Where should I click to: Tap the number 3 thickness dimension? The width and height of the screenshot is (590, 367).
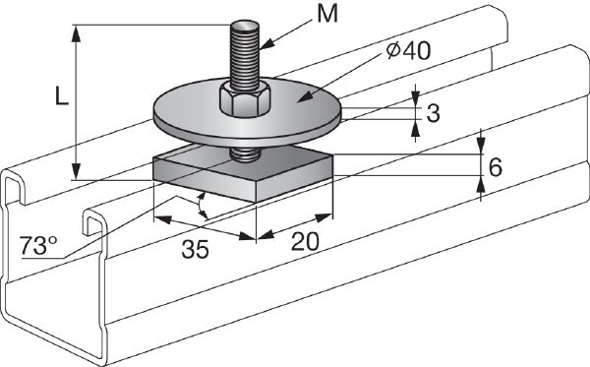432,114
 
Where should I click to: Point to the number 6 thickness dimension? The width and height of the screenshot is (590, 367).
495,166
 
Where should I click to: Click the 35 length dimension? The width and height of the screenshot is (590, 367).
196,250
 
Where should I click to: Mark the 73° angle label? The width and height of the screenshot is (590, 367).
36,245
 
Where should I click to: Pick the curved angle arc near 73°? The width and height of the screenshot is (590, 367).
203,207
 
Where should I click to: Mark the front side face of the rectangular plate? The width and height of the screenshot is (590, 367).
206,188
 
